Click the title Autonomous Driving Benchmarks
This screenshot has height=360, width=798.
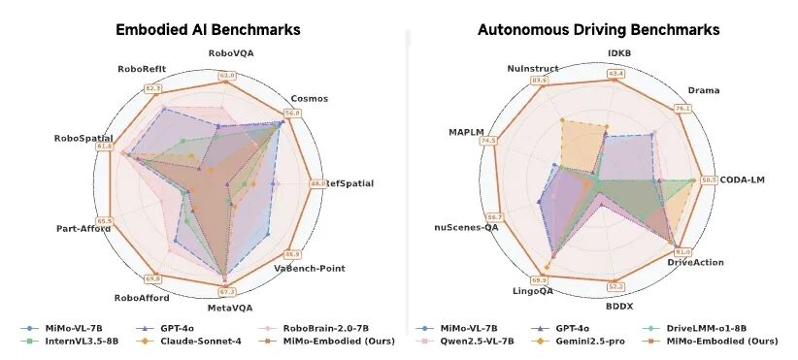coord(598,29)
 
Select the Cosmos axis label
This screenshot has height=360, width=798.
coord(309,98)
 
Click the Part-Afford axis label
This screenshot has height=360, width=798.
coord(83,229)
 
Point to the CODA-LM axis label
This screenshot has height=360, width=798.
coord(744,180)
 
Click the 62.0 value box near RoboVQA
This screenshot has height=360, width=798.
coord(227,75)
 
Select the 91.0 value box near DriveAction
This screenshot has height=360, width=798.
coord(682,252)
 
